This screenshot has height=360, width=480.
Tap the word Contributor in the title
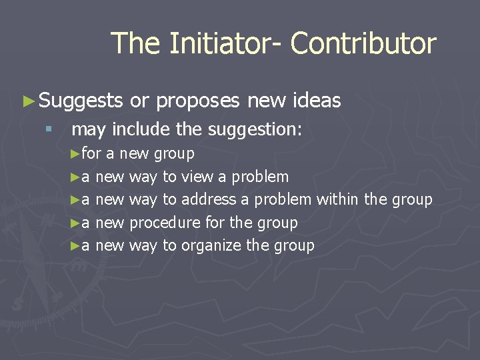[x=363, y=44]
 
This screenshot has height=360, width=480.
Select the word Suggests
[x=81, y=101]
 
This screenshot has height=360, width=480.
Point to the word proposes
[x=198, y=101]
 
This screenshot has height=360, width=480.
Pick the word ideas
[x=317, y=101]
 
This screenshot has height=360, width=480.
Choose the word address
[x=209, y=199]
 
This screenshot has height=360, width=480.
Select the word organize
[x=211, y=245]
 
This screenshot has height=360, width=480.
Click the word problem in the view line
[x=261, y=177]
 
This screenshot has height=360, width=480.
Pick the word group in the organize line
[x=293, y=245]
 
